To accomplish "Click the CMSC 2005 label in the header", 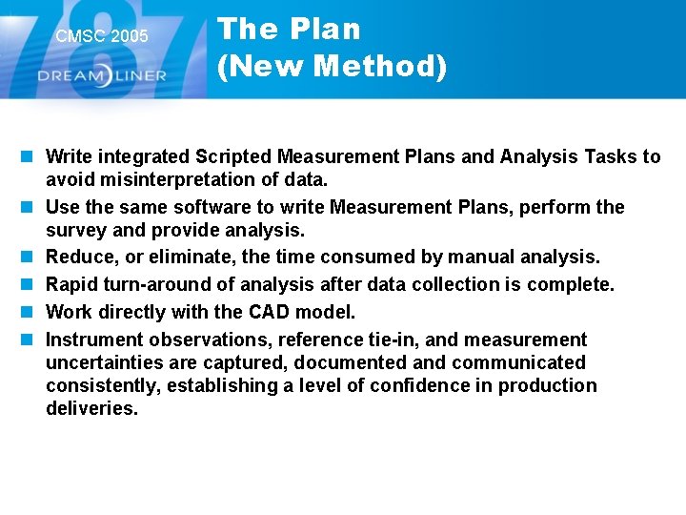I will (x=102, y=36).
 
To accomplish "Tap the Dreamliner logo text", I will (x=102, y=75).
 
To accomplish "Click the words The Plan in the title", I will (x=290, y=30).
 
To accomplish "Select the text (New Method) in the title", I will (x=332, y=67).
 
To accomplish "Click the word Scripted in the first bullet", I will (x=235, y=156).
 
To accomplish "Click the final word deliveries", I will (x=91, y=409).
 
